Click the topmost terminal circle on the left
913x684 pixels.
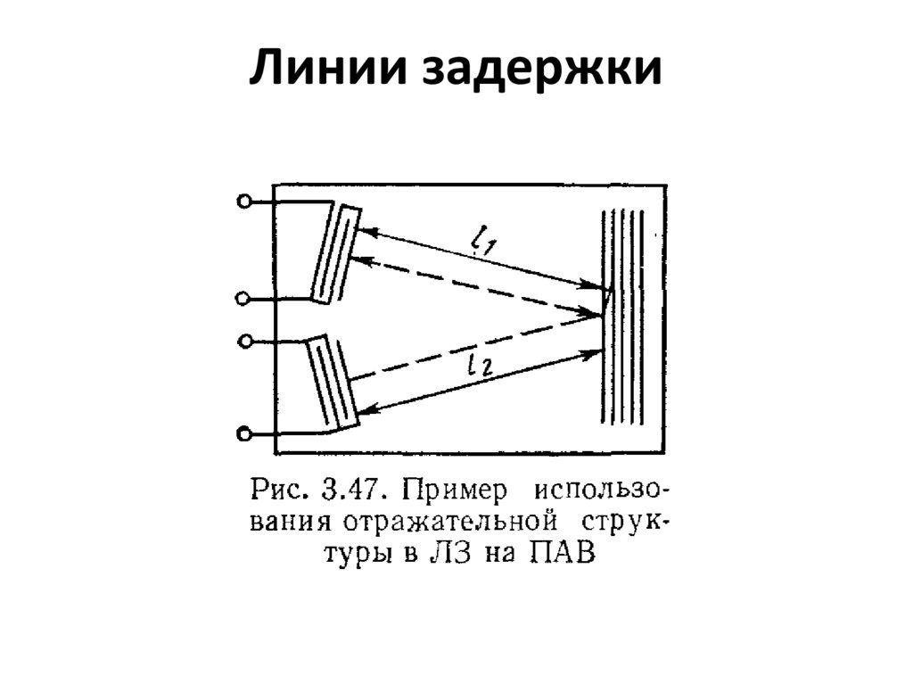pyautogui.click(x=243, y=202)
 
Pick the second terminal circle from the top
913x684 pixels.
pyautogui.click(x=243, y=299)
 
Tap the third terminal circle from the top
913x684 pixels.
pyautogui.click(x=245, y=341)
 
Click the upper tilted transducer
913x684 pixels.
pyautogui.click(x=336, y=251)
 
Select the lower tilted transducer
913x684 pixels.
pyautogui.click(x=333, y=382)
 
